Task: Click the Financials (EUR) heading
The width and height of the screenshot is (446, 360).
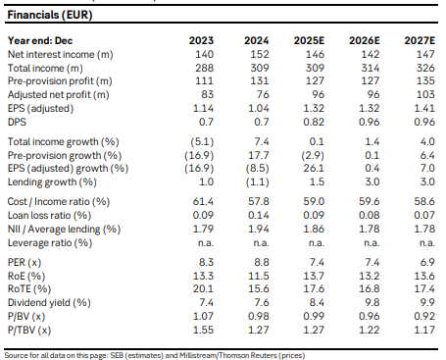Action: [50, 15]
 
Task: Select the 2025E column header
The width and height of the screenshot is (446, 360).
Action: [309, 40]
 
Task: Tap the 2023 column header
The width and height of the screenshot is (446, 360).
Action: [201, 40]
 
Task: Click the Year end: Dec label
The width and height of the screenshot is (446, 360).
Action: [40, 40]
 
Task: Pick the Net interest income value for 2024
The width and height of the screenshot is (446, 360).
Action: [260, 54]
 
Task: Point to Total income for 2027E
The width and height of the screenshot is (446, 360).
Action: [425, 68]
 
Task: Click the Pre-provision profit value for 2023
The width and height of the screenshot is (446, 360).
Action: [204, 80]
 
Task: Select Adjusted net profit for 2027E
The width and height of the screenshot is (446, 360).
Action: [425, 94]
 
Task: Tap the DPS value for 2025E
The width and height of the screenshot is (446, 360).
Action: [314, 122]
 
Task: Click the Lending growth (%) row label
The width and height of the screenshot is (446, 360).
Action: [52, 181]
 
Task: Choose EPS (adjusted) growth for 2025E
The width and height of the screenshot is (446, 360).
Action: [314, 168]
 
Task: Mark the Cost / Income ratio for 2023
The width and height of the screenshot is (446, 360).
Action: [203, 201]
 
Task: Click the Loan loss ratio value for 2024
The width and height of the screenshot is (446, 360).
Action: [259, 215]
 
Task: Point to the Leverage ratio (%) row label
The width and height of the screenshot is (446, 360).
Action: [50, 243]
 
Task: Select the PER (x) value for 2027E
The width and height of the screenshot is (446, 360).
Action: [427, 262]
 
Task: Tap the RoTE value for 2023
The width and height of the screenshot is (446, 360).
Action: [203, 289]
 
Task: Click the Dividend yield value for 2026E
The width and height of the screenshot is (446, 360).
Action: [372, 303]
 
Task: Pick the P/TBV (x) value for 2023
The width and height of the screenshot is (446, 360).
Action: [203, 330]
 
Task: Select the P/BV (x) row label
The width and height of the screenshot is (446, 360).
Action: [26, 317]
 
